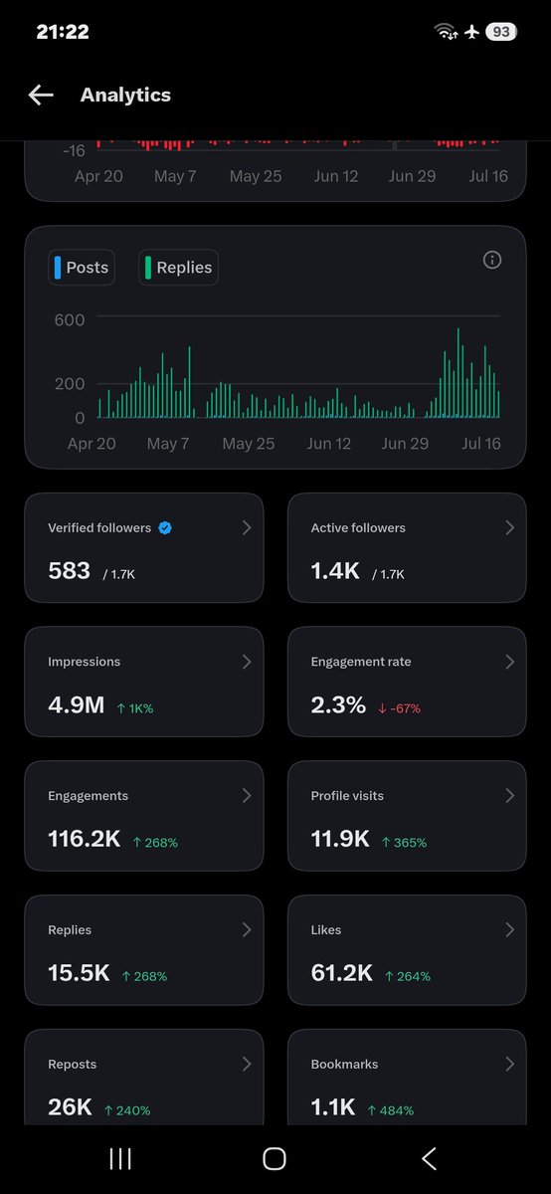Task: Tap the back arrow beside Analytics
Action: coord(41,95)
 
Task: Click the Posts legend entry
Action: coord(82,267)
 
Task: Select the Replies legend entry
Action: coord(178,267)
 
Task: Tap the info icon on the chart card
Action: coord(492,260)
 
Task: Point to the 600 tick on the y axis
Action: coord(70,319)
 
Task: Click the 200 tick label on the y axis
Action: coord(70,384)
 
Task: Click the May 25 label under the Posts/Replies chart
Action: coord(249,444)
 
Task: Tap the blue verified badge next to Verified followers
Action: coord(165,527)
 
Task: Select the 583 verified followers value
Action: coord(70,571)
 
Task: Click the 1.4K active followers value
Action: coord(335,571)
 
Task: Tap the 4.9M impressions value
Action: coord(77,705)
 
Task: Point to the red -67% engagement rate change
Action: coord(399,708)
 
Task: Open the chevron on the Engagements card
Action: coord(247,795)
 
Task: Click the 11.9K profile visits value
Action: coord(340,839)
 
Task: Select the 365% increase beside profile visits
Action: coord(405,842)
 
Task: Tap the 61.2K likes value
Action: coord(341,973)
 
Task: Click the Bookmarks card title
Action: coord(344,1064)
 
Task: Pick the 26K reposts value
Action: coord(70,1107)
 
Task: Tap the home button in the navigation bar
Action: coord(275,1159)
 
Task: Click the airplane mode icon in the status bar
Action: coord(471,32)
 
